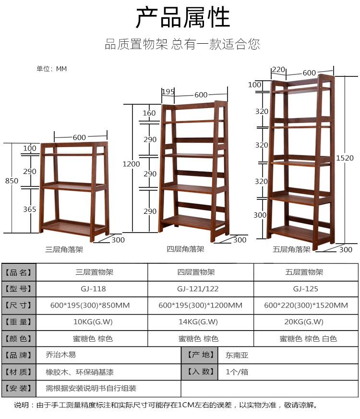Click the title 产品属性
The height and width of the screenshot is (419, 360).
182,18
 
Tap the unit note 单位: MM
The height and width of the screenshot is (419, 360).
52,69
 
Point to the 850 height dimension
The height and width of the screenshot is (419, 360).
12,181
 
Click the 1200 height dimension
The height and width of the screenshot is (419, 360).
131,164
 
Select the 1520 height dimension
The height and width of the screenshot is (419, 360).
345,158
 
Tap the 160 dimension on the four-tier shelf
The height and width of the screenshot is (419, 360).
149,113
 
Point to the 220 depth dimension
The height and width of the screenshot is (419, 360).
278,69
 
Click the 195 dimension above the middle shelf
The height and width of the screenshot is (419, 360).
168,92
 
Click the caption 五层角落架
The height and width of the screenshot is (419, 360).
291,249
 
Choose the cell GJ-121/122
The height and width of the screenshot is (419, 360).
200,289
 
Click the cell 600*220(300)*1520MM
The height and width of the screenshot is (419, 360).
305,305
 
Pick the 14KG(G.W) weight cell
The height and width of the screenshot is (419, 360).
200,321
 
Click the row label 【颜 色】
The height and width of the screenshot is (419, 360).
19,338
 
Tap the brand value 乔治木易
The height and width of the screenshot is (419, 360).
60,355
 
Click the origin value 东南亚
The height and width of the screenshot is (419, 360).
237,355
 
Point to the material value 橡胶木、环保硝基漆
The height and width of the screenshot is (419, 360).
80,372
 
